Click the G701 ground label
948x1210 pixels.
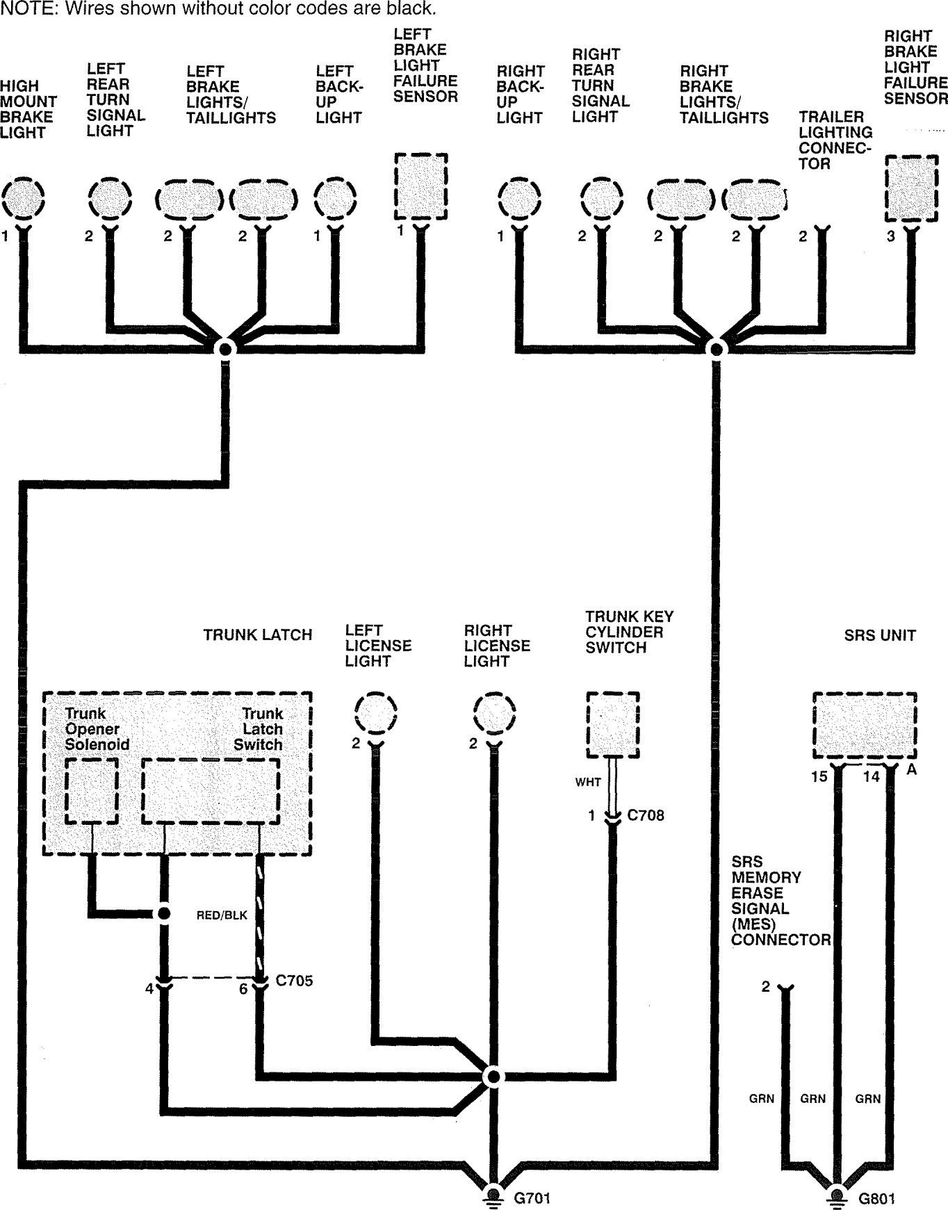pos(532,1197)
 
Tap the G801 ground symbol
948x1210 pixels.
pos(837,1195)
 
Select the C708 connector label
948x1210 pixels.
pos(645,815)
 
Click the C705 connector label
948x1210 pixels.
pos(294,981)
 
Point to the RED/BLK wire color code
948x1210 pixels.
pos(222,915)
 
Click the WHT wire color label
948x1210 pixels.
pos(587,782)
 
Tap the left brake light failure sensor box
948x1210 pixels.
pos(420,186)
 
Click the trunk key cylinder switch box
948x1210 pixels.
pos(612,724)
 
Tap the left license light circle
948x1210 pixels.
pos(375,712)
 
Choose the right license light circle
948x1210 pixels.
pos(494,712)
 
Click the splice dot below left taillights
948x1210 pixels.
pos(224,348)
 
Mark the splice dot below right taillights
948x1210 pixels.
pos(715,348)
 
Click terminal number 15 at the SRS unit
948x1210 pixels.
pos(819,776)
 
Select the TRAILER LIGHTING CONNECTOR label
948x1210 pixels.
pos(835,140)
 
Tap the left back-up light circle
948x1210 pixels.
pos(335,198)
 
